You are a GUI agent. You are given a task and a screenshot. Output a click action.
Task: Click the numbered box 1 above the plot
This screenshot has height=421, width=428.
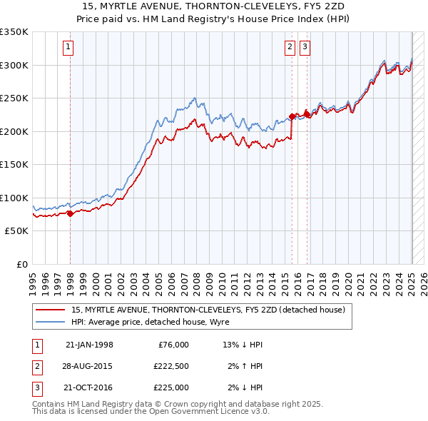click(x=67, y=48)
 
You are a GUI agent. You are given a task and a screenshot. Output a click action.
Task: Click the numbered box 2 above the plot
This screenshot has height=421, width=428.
click(x=290, y=48)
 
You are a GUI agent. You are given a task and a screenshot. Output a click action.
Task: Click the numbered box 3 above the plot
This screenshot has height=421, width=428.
click(x=305, y=48)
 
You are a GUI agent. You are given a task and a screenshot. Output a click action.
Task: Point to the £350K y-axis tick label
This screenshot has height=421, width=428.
click(x=14, y=32)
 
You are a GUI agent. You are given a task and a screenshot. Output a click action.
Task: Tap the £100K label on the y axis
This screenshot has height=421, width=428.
click(x=14, y=198)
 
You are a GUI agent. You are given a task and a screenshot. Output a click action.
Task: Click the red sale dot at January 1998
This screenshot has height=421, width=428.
click(x=70, y=213)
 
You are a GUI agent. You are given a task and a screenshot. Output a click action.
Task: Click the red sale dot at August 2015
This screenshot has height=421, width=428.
click(x=292, y=116)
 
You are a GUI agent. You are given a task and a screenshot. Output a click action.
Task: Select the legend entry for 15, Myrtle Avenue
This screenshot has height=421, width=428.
click(x=208, y=310)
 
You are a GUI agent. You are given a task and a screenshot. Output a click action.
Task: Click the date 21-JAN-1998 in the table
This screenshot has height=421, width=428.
click(x=89, y=345)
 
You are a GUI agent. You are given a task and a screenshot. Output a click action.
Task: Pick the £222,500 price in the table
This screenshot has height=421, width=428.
click(x=170, y=366)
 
